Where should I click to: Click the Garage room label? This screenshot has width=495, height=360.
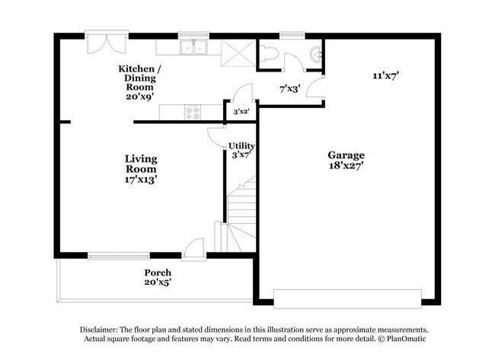[346, 154]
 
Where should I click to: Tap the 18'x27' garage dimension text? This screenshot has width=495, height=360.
[346, 164]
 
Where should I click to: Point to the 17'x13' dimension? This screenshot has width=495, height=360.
[141, 180]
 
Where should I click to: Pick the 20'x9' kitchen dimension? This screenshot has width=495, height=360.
[140, 97]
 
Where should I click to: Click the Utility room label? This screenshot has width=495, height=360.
[242, 145]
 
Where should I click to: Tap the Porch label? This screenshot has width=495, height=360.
[158, 272]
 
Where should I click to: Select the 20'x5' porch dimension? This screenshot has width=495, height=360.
[158, 282]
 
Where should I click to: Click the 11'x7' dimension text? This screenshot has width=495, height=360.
[386, 75]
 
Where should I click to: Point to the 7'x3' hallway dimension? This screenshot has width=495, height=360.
[289, 89]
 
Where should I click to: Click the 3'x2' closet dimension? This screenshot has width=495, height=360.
[241, 112]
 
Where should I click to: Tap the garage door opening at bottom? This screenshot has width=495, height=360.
[347, 297]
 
